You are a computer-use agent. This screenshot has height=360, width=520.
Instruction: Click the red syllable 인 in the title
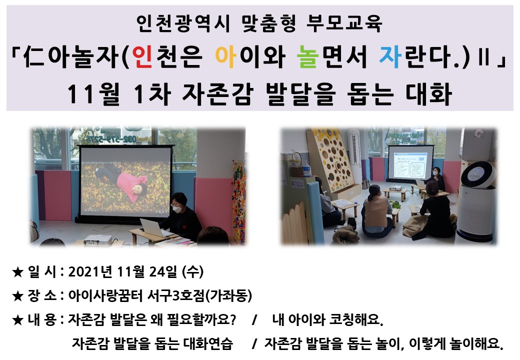tap(142, 56)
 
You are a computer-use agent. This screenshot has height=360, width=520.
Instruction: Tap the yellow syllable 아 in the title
tap(225, 56)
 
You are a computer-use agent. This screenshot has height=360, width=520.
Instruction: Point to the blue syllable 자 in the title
tap(390, 56)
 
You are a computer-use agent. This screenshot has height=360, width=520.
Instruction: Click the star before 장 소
tap(17, 296)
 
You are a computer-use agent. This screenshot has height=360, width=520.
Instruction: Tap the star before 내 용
tap(17, 320)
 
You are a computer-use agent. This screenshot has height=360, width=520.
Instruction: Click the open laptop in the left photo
tap(153, 227)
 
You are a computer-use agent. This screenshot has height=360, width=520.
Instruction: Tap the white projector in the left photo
tap(97, 240)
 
